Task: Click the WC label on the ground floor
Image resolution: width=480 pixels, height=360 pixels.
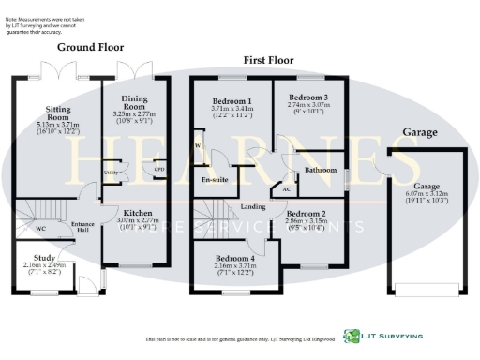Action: pyautogui.click(x=40, y=228)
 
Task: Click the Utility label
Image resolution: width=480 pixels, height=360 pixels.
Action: pyautogui.click(x=110, y=171)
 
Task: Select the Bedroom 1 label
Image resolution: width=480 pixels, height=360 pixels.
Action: pyautogui.click(x=231, y=100)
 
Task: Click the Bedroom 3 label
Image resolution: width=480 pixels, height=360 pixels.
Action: pyautogui.click(x=307, y=97)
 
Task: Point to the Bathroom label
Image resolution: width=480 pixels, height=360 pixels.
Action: pyautogui.click(x=320, y=170)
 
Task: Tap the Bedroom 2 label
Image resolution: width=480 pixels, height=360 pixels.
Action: pyautogui.click(x=307, y=213)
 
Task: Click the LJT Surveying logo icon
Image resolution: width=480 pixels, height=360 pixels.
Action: pyautogui.click(x=352, y=335)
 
